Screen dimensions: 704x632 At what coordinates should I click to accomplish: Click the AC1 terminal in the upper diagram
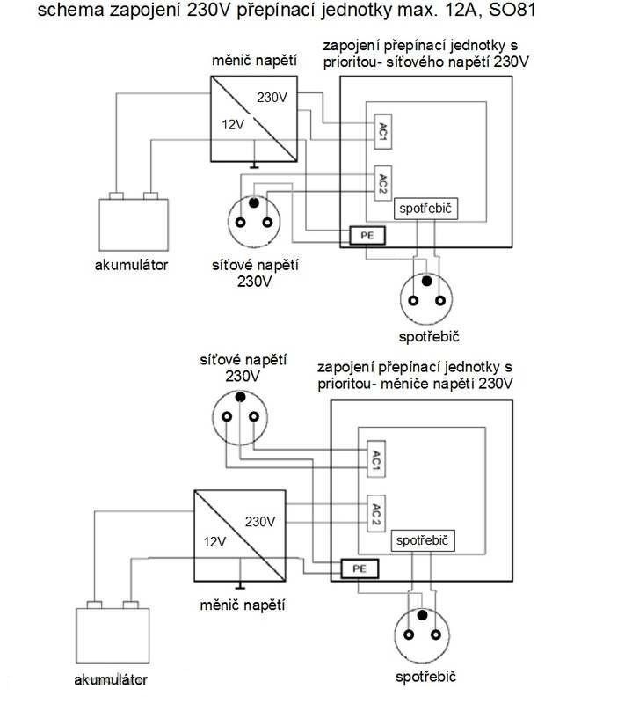click(381, 130)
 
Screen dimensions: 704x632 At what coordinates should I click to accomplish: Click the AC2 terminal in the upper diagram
click(382, 183)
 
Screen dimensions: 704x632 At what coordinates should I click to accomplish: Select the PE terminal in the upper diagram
click(366, 235)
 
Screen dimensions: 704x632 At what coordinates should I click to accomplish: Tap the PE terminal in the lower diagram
click(359, 568)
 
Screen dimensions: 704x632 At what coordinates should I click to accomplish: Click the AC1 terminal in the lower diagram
click(374, 458)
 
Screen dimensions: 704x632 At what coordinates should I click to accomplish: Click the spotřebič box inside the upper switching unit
click(426, 206)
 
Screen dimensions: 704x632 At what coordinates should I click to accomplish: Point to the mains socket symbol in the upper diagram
click(254, 220)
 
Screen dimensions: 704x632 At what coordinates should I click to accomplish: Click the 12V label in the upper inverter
click(231, 125)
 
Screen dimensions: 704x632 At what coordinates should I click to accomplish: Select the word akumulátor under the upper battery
click(131, 264)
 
